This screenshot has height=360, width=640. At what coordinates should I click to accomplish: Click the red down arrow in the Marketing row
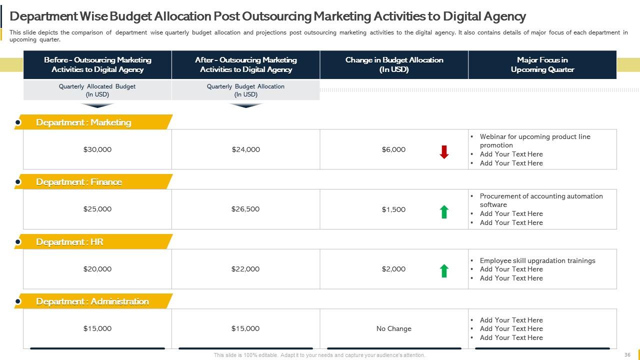tap(444, 152)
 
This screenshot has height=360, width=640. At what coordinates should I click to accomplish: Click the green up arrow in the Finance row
tap(444, 212)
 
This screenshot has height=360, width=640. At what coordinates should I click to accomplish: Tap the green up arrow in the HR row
tap(444, 271)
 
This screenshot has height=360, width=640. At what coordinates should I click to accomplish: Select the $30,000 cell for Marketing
tap(97, 149)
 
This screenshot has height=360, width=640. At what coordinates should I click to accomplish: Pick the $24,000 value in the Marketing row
tap(245, 149)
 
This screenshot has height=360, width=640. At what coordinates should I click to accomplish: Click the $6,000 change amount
tap(393, 149)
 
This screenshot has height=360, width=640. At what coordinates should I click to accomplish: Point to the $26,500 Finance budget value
tap(245, 209)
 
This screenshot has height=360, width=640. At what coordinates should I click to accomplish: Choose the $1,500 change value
tap(393, 209)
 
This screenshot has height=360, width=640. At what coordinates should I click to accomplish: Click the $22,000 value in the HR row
tap(245, 269)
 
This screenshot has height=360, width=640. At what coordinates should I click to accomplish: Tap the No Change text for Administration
tap(394, 328)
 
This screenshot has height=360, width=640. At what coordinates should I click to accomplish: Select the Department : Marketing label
tap(83, 122)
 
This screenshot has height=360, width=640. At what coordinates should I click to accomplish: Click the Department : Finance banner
tap(79, 182)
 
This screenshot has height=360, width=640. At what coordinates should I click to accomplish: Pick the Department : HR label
tap(69, 242)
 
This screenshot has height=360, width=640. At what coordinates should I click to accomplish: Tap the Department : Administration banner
tap(92, 301)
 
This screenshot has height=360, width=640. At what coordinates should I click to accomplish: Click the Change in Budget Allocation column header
tap(394, 64)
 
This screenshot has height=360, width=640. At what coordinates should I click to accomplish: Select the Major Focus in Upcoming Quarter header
tap(542, 64)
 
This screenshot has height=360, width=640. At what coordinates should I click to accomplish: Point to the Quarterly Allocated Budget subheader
tap(97, 90)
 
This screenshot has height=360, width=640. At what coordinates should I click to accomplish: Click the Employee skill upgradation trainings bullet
tap(537, 260)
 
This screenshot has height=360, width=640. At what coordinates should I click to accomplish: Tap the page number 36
tap(627, 354)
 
